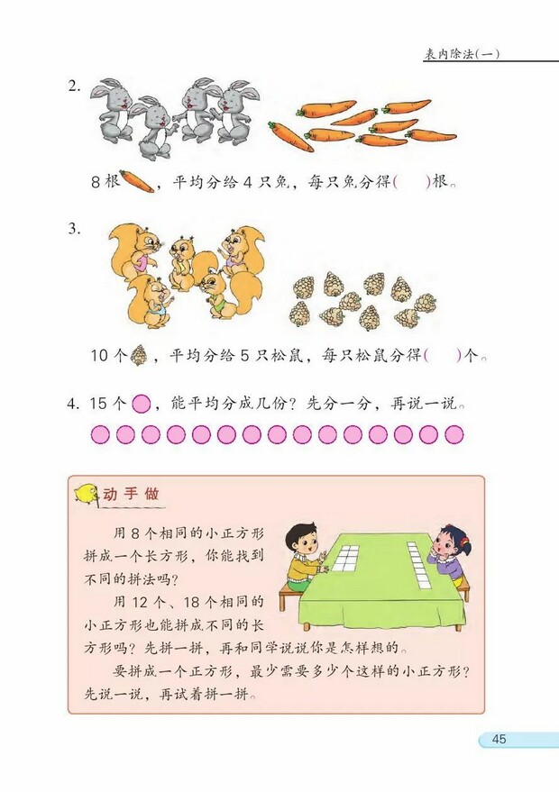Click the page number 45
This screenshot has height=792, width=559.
[x=499, y=740]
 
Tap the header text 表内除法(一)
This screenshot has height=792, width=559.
[x=462, y=54]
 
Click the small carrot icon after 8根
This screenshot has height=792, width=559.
[x=136, y=182]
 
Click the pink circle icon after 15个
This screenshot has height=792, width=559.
[x=140, y=404]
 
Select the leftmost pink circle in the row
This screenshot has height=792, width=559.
[x=100, y=435]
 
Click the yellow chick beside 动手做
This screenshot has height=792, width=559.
[x=87, y=495]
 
